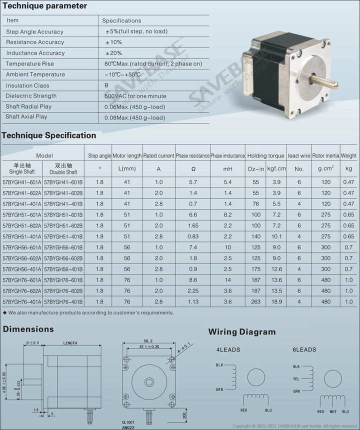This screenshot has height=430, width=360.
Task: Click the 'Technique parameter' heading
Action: coord(44,6)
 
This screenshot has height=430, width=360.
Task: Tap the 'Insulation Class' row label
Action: coord(27,85)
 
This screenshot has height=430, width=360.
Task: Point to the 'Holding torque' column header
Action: coord(265,156)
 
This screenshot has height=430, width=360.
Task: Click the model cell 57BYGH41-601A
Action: coord(21,182)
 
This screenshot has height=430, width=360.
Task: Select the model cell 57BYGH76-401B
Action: coord(63,301)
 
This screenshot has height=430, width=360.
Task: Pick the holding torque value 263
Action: coord(256,301)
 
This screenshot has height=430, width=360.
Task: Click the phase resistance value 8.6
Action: coord(193,280)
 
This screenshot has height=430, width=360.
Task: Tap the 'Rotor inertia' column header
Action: coord(326,156)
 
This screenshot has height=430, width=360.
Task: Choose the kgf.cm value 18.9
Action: coord(276,301)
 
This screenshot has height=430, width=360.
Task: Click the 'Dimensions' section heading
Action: coord(28,329)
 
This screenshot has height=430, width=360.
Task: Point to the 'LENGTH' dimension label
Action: coord(70,343)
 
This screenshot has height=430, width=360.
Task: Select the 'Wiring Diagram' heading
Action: coord(242,331)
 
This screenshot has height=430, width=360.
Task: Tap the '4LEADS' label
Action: coord(228,349)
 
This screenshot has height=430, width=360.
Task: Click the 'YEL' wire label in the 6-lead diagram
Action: coord(296,379)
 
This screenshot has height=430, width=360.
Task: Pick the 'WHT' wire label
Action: coord(333,411)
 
